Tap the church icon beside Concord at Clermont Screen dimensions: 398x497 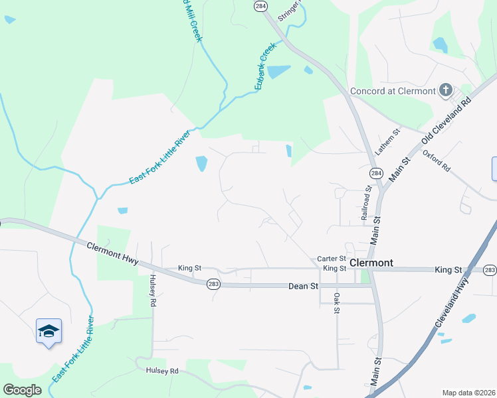point(446,90)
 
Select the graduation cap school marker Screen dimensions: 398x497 point(49,330)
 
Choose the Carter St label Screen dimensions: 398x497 point(332,259)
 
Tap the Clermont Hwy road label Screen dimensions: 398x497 point(112,254)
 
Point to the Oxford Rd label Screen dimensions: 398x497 point(437,161)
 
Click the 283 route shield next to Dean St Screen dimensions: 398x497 point(212,283)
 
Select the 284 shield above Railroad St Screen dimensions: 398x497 point(376,173)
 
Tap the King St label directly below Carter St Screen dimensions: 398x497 point(334,268)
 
